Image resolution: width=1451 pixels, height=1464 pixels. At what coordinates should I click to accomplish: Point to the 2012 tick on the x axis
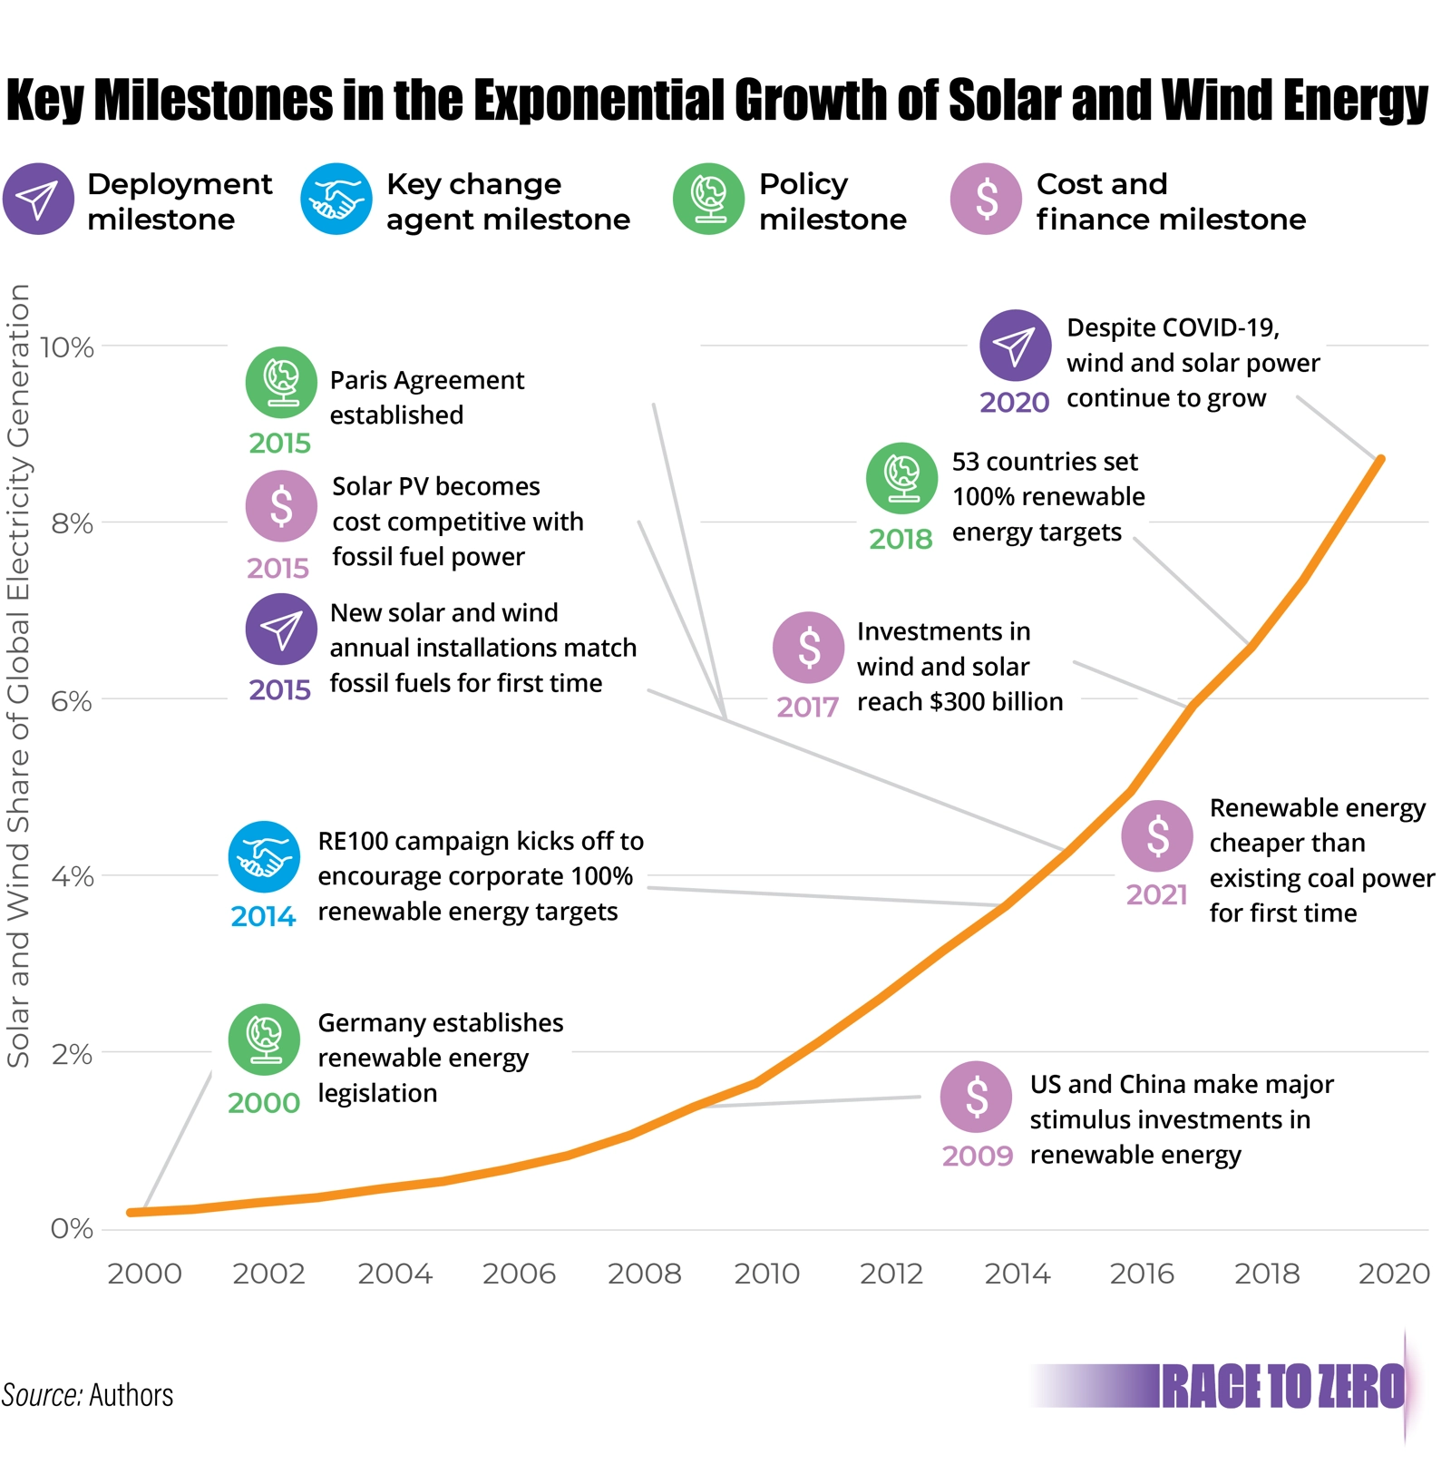(x=891, y=1274)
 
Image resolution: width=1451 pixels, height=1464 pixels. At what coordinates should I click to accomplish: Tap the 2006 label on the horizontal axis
(x=519, y=1274)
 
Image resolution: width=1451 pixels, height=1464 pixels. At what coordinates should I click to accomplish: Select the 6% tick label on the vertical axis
(x=71, y=701)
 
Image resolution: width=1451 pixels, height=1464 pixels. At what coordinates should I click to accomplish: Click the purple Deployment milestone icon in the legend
(x=38, y=200)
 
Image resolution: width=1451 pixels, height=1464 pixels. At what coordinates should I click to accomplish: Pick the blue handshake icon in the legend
(x=336, y=200)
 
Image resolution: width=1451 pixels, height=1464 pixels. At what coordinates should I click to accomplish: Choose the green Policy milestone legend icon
(x=709, y=200)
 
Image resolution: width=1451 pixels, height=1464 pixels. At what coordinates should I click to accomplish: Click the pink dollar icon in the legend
(x=987, y=200)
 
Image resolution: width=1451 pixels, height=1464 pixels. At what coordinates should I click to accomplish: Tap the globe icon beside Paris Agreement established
(x=281, y=382)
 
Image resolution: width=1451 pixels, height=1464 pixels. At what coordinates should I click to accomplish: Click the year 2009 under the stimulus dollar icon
(x=977, y=1157)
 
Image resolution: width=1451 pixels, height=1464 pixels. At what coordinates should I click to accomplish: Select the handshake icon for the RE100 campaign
(x=264, y=857)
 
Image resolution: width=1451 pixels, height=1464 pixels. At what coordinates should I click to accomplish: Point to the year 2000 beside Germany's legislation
(x=263, y=1103)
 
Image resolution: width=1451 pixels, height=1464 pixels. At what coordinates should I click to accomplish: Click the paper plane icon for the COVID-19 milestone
(x=1016, y=346)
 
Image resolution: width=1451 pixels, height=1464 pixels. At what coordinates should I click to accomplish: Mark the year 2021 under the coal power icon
(x=1157, y=895)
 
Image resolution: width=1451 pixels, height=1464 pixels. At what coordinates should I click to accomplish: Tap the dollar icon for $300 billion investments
(x=809, y=648)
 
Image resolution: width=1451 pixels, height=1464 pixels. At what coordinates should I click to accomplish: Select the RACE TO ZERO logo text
(x=1282, y=1387)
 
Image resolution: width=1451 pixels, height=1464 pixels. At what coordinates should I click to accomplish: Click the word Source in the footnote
(x=40, y=1395)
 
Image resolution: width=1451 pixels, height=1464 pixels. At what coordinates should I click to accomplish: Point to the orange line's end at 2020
(x=1380, y=460)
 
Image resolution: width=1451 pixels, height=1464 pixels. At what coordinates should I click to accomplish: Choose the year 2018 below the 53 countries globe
(x=901, y=540)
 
